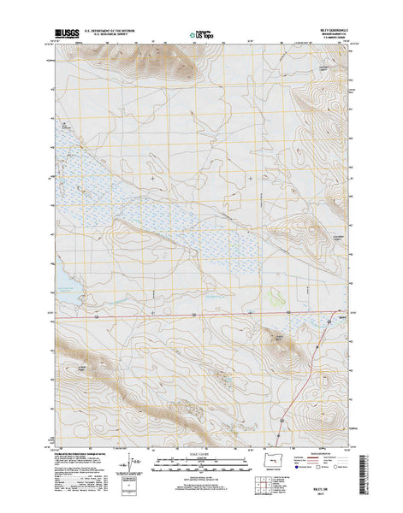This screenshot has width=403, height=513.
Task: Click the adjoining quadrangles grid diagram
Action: [302, 467]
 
